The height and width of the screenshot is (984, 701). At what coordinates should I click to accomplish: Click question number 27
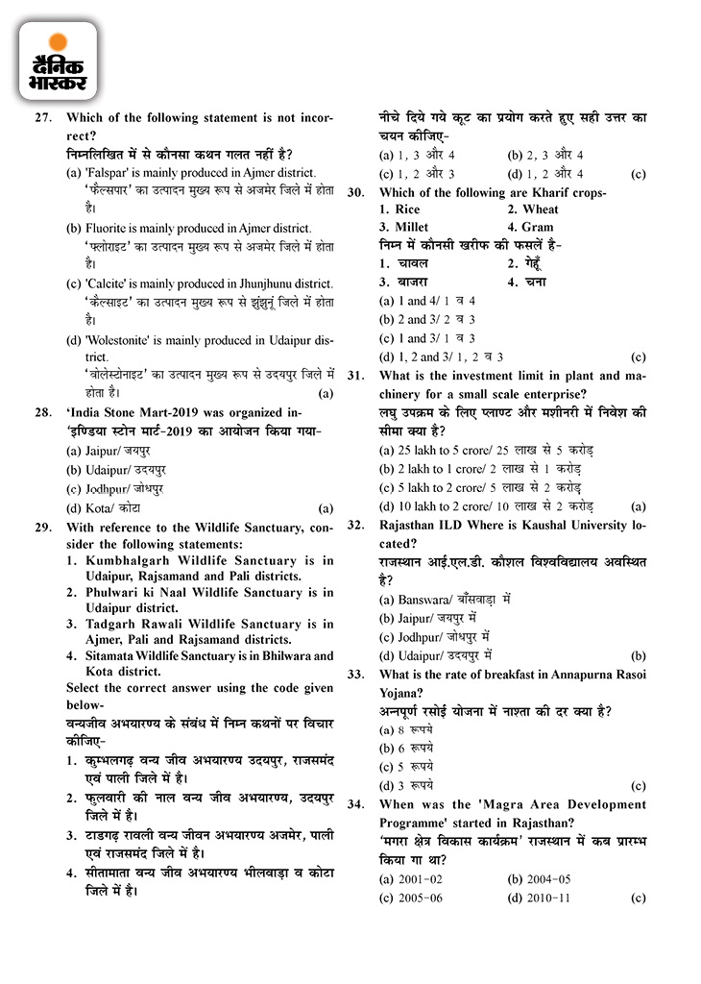42,118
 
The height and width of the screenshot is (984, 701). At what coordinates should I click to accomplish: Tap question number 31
355,376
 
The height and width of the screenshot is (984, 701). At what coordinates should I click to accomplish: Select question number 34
355,805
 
